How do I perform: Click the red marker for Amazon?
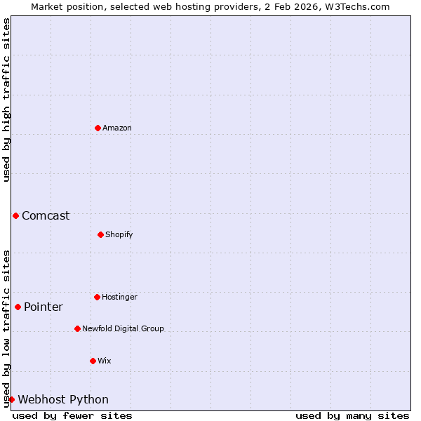click(98, 128)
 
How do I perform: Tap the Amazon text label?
click(116, 128)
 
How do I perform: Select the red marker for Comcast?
click(15, 215)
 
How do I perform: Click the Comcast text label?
click(46, 215)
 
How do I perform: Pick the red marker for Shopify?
click(100, 234)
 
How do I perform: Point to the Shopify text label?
click(119, 234)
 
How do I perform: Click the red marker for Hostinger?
click(97, 297)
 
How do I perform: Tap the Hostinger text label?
click(119, 297)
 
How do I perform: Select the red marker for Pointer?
click(18, 307)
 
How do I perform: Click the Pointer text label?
click(44, 307)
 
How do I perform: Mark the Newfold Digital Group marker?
click(77, 328)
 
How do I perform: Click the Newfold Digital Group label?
click(123, 328)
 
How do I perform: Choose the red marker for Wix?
click(93, 361)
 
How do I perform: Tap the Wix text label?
click(104, 361)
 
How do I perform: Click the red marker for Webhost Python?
click(11, 399)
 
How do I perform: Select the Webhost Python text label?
click(63, 399)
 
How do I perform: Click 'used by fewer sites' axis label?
click(72, 415)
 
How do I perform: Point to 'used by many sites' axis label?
click(352, 415)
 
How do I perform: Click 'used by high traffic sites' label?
click(6, 100)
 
